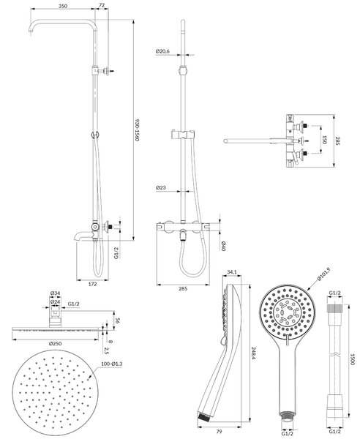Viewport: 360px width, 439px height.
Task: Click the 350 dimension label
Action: [x=63, y=6]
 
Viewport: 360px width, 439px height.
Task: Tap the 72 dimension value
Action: [x=102, y=5]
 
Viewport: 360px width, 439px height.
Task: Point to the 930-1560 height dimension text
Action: [x=137, y=131]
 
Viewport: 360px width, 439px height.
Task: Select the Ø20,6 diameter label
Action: [x=162, y=51]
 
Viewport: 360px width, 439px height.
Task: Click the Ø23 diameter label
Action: [x=161, y=187]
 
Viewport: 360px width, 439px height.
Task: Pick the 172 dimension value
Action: [x=92, y=284]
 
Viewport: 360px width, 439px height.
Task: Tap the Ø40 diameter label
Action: [x=223, y=246]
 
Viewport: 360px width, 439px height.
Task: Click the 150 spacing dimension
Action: [x=324, y=140]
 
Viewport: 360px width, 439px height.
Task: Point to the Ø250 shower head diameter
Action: [x=55, y=344]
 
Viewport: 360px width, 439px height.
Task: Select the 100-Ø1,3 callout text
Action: [x=112, y=364]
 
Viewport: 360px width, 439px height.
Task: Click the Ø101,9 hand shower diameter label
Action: [x=324, y=274]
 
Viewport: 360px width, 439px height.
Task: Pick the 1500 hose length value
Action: [x=353, y=359]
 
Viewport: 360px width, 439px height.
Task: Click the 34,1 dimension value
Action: [x=231, y=272]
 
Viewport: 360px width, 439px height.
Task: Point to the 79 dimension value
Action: [x=220, y=432]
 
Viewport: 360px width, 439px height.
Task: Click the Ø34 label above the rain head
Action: [x=55, y=293]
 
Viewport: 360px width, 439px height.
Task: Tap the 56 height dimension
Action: [x=117, y=320]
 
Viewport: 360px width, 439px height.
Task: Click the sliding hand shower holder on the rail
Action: [x=182, y=135]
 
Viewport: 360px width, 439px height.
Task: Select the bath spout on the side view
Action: [x=81, y=236]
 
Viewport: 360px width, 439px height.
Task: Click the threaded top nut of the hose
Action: [x=335, y=308]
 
